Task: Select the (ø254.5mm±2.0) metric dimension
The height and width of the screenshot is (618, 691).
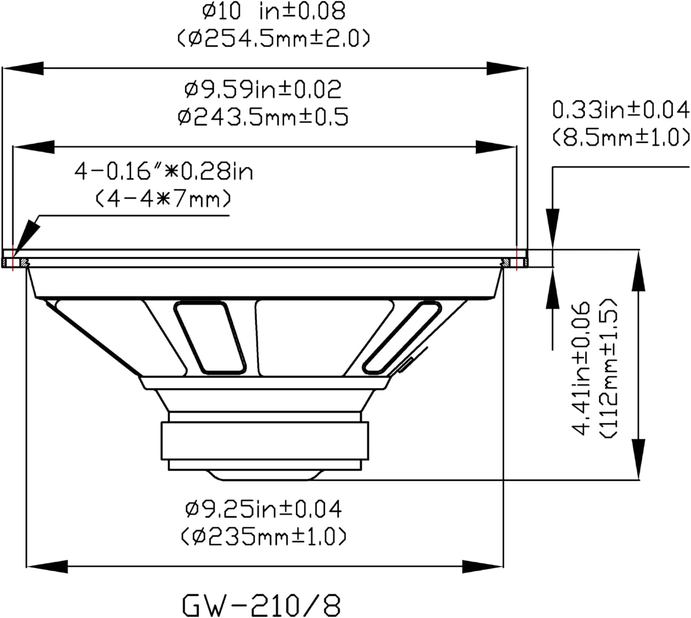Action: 273,38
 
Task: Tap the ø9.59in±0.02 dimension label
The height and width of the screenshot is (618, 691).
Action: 263,89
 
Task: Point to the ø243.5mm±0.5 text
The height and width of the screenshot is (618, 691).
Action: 263,117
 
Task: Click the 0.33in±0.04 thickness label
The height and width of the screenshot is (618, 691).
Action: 621,110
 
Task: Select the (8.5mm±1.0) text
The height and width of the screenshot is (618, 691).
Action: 621,137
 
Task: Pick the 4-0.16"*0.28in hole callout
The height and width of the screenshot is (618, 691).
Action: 164,171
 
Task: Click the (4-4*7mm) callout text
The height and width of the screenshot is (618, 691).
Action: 164,199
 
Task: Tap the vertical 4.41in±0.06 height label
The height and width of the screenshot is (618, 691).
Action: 580,368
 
